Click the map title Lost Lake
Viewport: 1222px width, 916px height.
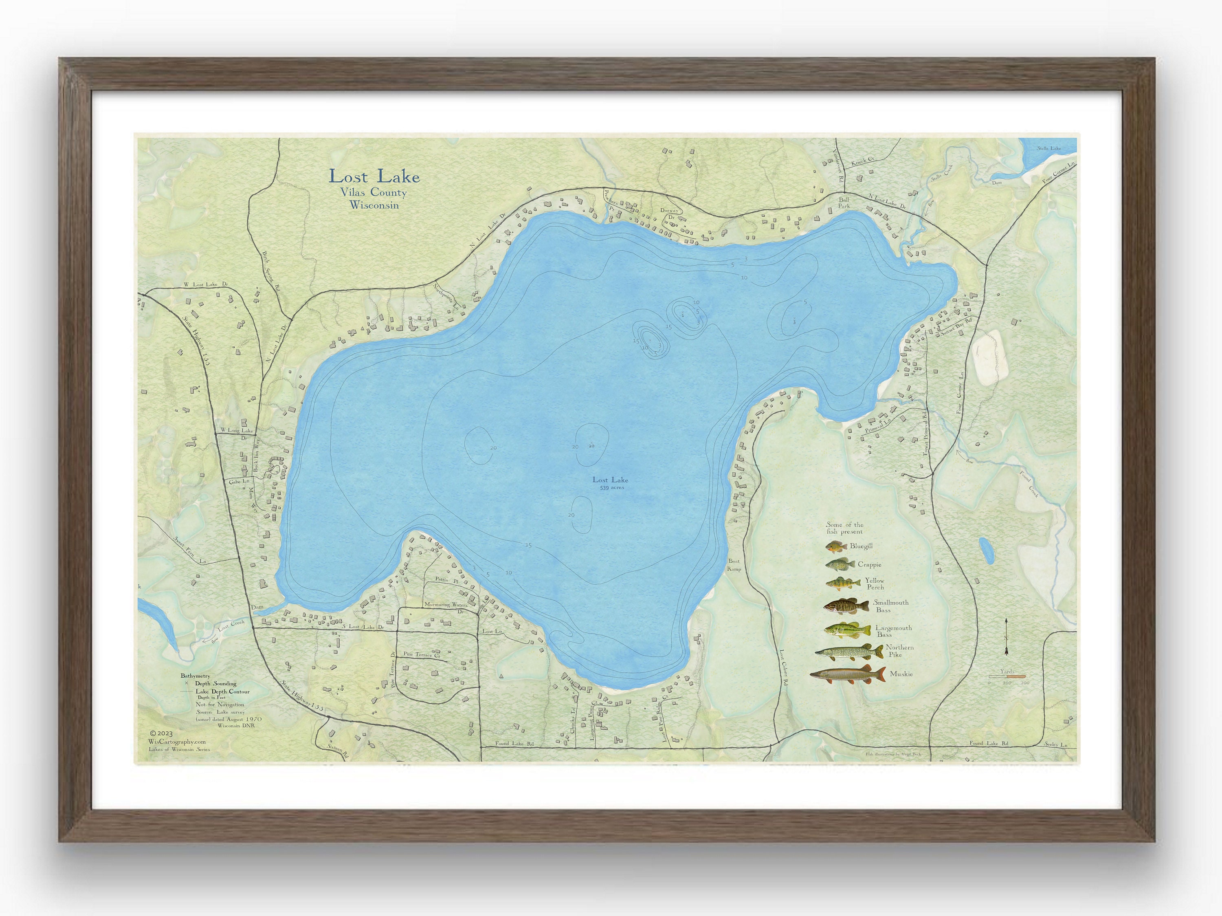[374, 177]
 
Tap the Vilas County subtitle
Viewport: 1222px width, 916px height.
[374, 193]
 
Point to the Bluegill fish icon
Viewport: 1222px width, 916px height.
[836, 547]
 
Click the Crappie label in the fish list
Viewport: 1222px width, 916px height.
[870, 565]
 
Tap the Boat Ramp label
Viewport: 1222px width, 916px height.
[734, 565]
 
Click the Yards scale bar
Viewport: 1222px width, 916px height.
[1007, 676]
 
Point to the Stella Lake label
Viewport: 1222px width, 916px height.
[1048, 149]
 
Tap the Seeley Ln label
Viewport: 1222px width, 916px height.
[1056, 745]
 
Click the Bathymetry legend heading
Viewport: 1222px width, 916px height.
[195, 676]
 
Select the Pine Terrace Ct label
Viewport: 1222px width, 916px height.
[421, 655]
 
